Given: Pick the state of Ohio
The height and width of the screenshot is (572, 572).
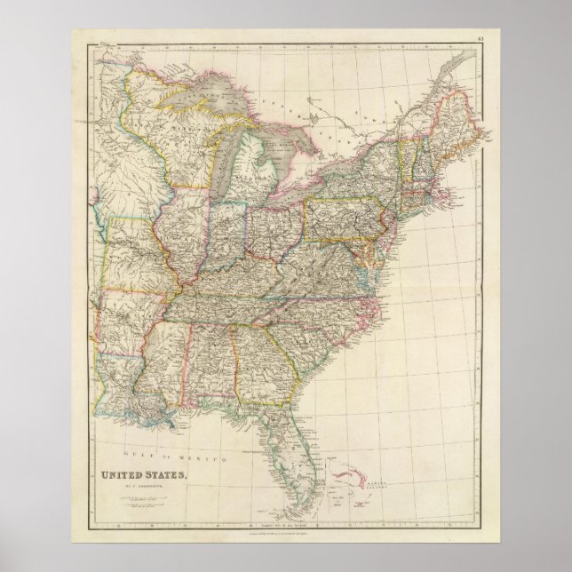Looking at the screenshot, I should point(275,226).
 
